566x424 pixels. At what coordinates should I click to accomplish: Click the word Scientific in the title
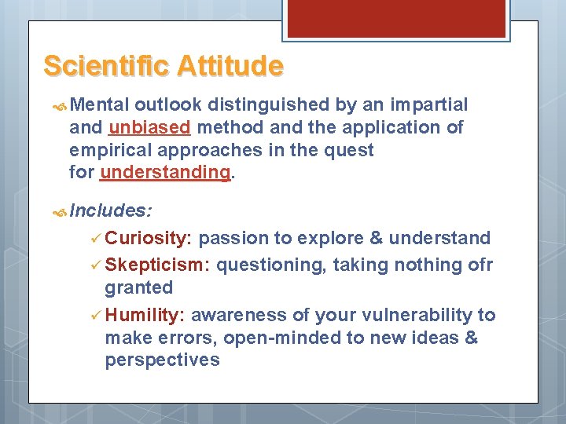108,65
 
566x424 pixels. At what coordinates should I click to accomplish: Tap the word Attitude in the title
230,65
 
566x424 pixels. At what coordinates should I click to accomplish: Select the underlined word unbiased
150,127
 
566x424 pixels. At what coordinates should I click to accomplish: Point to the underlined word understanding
165,171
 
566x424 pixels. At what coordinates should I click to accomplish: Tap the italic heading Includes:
111,211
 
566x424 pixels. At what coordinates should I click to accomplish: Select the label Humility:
145,315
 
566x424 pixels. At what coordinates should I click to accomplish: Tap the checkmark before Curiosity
95,238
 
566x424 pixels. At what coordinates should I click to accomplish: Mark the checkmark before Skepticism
95,265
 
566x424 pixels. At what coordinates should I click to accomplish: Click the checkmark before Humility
95,315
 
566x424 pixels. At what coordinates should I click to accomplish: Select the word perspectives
162,360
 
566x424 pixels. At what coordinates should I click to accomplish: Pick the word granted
138,287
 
